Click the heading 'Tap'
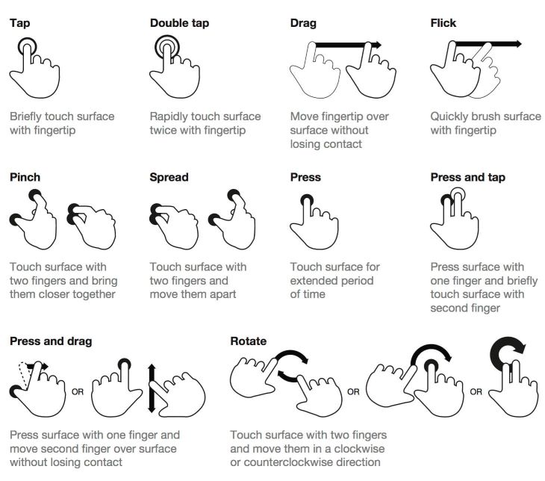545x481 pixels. pos(19,22)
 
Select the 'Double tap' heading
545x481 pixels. pos(179,22)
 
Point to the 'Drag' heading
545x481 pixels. pos(303,22)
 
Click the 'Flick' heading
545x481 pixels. pos(443,22)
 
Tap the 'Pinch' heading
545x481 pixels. pos(25,177)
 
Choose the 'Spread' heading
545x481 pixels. pos(169,177)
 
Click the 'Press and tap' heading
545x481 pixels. pos(467,177)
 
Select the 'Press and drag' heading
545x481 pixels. pos(51,341)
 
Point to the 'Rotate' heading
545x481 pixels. pos(248,341)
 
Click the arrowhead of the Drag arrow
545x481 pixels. pos(376,46)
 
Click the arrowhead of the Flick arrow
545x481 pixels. pos(517,45)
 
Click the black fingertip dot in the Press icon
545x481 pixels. pos(307,200)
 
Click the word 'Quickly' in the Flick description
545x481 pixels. pos(451,117)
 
